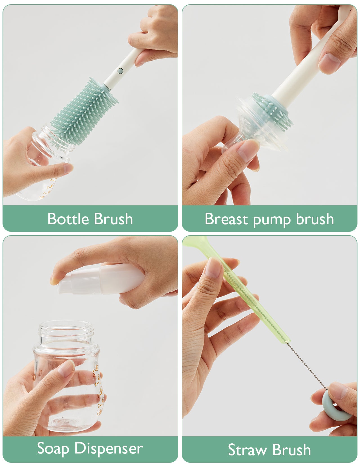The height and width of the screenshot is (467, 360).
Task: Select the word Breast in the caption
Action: pyautogui.click(x=226, y=219)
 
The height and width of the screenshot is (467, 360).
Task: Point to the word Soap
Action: pyautogui.click(x=53, y=448)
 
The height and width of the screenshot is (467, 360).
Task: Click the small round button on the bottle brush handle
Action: pyautogui.click(x=120, y=71)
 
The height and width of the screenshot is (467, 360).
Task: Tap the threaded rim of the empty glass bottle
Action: pyautogui.click(x=66, y=329)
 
